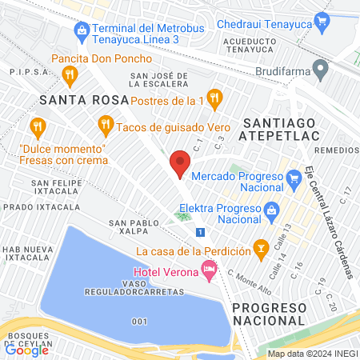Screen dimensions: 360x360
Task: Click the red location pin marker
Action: pyautogui.click(x=180, y=165)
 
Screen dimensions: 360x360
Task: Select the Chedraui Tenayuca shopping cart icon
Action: pyautogui.click(x=322, y=19)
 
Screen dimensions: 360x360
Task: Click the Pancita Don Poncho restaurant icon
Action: pyautogui.click(x=70, y=75)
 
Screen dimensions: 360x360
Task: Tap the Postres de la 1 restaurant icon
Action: pyautogui.click(x=214, y=99)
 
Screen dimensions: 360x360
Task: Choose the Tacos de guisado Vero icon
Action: pyautogui.click(x=105, y=126)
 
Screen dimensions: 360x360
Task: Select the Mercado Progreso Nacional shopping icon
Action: pyautogui.click(x=293, y=175)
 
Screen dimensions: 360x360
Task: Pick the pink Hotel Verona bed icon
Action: pyautogui.click(x=210, y=273)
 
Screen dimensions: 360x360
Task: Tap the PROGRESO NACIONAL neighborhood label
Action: pyautogui.click(x=270, y=314)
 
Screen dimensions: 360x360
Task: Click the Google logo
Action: pyautogui.click(x=27, y=349)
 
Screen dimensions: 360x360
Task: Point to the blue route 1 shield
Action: pyautogui.click(x=200, y=232)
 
